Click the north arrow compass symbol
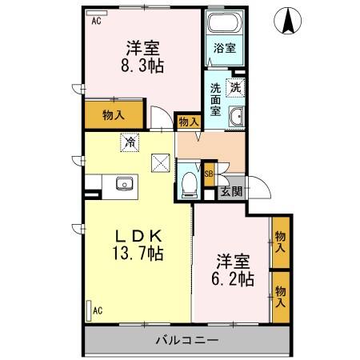coord(286,22)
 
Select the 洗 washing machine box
coord(236,88)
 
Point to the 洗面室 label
coord(216,100)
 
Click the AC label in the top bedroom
coord(96,22)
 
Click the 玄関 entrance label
coord(232,192)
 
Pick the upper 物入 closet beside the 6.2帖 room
coord(280,242)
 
